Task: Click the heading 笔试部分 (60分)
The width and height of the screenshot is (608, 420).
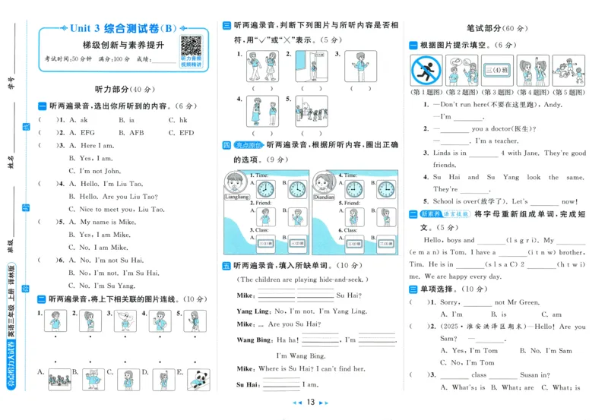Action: (493, 28)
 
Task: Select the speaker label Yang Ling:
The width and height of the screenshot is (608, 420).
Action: (253, 311)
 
